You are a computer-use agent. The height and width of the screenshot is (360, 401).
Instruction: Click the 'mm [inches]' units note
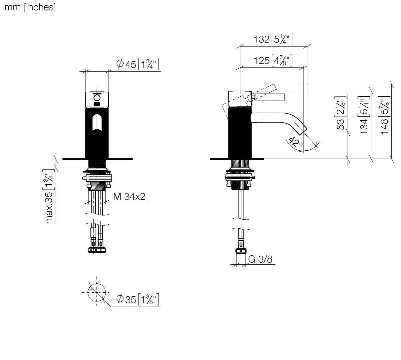30,7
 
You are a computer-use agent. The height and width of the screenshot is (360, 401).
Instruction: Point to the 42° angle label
295,142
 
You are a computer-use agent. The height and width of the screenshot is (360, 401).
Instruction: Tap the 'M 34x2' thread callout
129,197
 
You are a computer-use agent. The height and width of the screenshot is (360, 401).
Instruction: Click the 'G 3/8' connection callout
260,259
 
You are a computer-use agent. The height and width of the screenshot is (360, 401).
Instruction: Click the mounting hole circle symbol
97,292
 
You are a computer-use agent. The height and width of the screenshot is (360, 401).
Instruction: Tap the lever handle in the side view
269,97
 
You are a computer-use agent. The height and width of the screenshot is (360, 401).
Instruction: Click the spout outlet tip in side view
303,131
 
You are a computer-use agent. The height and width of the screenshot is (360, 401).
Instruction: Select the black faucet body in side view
240,133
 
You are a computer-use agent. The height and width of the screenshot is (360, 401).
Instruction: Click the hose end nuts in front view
97,250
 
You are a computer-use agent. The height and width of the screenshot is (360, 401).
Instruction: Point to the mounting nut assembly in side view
240,178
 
